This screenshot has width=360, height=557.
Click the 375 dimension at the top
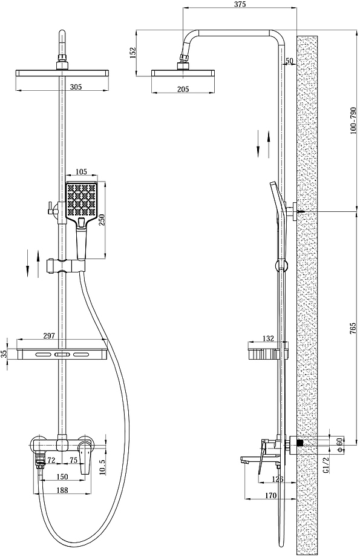(x=240, y=4)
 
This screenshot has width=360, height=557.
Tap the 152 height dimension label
(x=133, y=53)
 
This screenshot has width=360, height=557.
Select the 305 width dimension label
(x=76, y=87)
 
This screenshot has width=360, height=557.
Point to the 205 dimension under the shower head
(x=183, y=90)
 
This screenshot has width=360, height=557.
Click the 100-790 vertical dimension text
(x=353, y=120)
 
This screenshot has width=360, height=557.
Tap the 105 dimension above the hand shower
(x=81, y=172)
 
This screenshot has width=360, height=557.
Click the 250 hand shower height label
(x=102, y=220)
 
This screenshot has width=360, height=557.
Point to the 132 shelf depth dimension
(x=268, y=338)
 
